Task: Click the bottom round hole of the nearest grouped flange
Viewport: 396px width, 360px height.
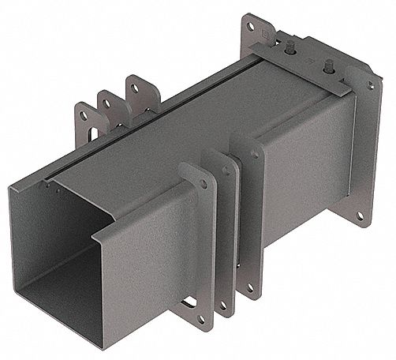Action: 202,320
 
